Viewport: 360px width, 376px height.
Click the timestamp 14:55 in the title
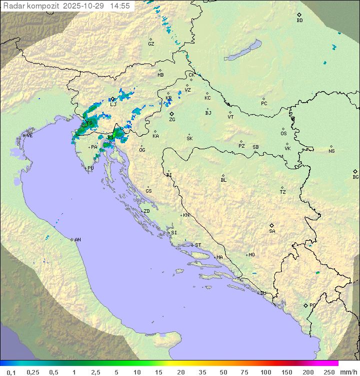[x=120, y=6]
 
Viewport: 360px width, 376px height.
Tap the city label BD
[x=300, y=21]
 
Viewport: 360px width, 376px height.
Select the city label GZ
[x=151, y=44]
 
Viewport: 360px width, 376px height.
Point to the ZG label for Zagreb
[x=172, y=120]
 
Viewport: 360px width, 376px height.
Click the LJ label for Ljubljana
[x=113, y=104]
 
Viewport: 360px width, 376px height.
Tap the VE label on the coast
[x=29, y=136]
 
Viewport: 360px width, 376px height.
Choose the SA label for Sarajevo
[x=272, y=231]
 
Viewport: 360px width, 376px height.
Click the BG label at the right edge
[x=355, y=177]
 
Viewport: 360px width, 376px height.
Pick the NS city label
[x=331, y=151]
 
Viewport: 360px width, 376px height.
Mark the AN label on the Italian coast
[x=77, y=240]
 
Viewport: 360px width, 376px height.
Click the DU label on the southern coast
[x=262, y=293]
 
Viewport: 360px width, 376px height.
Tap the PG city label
[x=312, y=305]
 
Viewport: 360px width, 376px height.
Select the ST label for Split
[x=198, y=245]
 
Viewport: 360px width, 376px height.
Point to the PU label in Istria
[x=90, y=168]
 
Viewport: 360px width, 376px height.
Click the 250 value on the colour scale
[x=329, y=372]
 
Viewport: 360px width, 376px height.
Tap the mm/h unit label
[x=348, y=372]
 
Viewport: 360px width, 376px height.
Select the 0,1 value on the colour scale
[x=11, y=372]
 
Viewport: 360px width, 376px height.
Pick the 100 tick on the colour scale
[x=265, y=372]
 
